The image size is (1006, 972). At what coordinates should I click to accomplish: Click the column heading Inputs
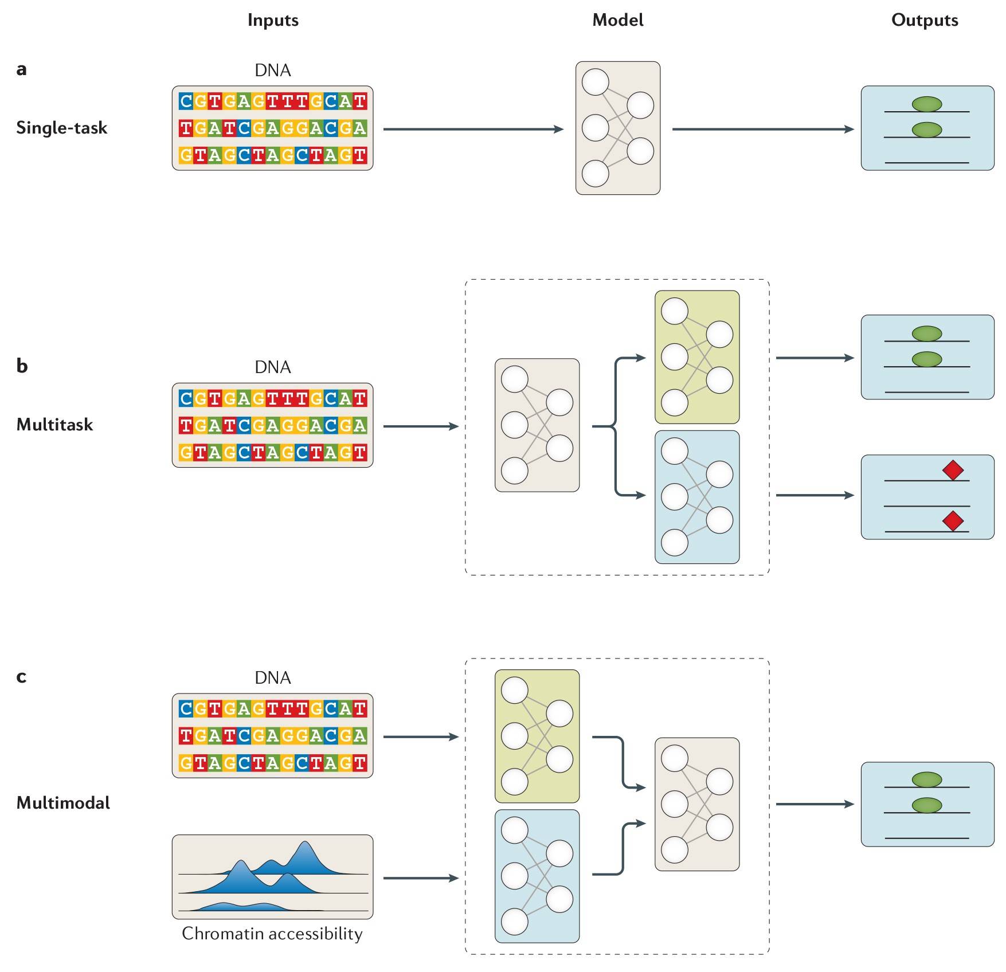(x=273, y=20)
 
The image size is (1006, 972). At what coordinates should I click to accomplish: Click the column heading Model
(x=617, y=20)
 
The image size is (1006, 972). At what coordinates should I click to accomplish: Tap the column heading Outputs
(x=924, y=20)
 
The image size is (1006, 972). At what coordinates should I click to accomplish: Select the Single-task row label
(x=61, y=127)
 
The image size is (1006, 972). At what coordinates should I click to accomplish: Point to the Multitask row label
(x=54, y=424)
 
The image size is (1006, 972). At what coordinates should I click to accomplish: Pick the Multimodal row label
(x=63, y=802)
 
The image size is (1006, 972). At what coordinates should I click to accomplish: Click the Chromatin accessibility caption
(x=272, y=934)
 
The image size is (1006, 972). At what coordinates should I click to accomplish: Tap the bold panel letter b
(x=22, y=366)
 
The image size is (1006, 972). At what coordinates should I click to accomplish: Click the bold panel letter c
(x=21, y=677)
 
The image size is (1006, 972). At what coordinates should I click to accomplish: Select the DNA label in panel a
(x=273, y=70)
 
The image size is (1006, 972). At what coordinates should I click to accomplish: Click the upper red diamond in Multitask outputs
(x=953, y=471)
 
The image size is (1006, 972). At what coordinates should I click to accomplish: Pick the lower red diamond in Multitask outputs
(x=953, y=521)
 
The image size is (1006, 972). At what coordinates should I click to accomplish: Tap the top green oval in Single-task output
(x=926, y=104)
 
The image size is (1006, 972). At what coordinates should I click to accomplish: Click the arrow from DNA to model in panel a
(x=473, y=130)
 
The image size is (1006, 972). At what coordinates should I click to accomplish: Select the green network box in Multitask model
(x=697, y=357)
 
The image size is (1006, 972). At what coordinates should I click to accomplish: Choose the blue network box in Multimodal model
(x=537, y=876)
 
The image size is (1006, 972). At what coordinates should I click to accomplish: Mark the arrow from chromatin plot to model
(x=421, y=878)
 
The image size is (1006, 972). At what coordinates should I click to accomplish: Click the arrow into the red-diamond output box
(x=815, y=495)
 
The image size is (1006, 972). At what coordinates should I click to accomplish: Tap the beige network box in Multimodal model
(x=697, y=804)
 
